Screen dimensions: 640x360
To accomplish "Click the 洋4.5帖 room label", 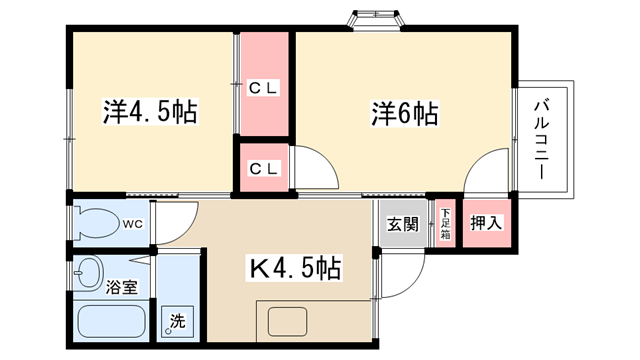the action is [150, 111].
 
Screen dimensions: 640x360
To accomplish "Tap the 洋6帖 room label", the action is [405, 113].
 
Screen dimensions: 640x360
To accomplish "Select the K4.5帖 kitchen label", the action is [295, 268].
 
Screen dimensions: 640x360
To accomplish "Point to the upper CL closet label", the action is [264, 88].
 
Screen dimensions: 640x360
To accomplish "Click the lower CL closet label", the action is [264, 168].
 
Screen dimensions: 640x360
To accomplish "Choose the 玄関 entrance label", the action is [403, 224].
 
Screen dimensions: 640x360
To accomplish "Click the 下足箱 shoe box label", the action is [445, 223].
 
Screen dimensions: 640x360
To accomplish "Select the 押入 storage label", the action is [486, 223].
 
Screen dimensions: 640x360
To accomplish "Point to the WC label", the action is [133, 224].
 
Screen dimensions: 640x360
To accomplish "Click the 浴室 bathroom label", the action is [122, 287].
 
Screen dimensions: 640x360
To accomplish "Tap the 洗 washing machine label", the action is [178, 320].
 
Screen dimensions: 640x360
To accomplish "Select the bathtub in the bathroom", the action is [111, 321].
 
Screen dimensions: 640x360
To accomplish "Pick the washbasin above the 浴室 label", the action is [87, 273].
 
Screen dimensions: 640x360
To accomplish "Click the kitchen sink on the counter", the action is [287, 322].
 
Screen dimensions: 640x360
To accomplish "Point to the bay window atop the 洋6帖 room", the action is [376, 20].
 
